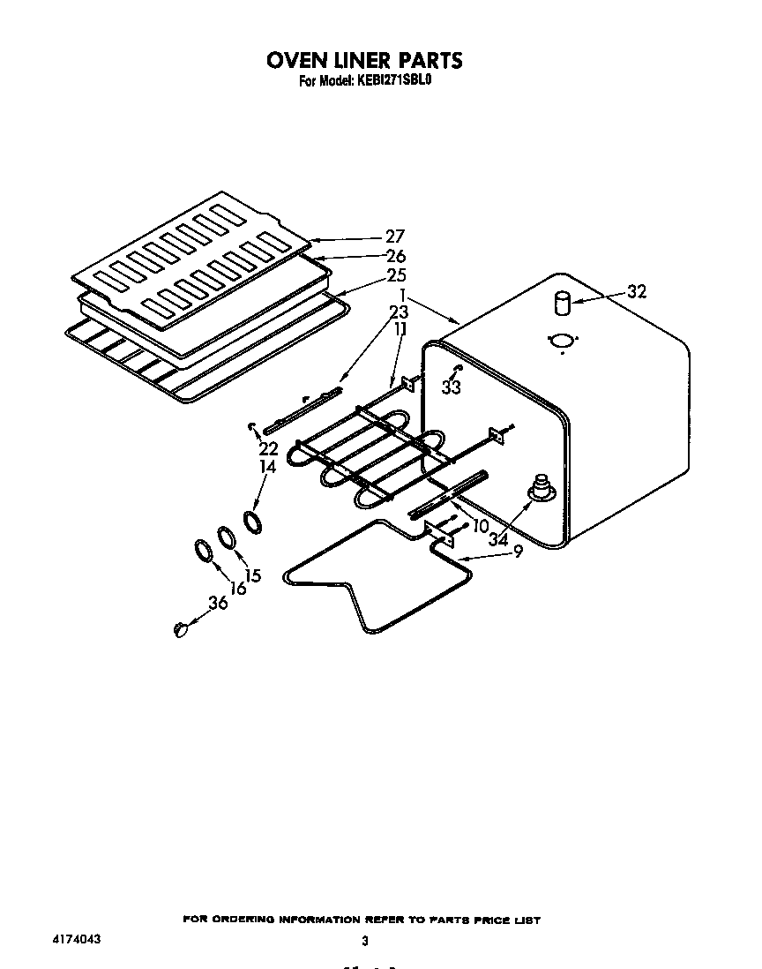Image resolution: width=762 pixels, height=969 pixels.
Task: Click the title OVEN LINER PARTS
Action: coord(363,60)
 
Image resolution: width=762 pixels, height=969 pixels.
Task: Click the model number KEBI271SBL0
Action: coord(392,82)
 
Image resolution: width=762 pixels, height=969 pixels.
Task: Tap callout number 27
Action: coord(393,237)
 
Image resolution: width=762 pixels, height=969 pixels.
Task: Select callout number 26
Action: coord(393,257)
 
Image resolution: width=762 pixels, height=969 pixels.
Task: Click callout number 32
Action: coord(636,292)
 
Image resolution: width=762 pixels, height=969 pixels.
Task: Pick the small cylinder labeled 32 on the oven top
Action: coord(560,304)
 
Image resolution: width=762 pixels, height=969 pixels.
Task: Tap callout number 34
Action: coord(499,539)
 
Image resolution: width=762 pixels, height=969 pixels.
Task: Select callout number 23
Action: coord(399,312)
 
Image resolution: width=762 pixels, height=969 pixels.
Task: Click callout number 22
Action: coord(267,448)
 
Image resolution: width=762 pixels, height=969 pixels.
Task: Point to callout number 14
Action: coord(267,467)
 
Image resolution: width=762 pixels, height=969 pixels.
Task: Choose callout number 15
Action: coord(253,575)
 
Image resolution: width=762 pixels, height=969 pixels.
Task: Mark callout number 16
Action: coord(238,588)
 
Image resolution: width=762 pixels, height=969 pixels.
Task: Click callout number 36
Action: coord(217,603)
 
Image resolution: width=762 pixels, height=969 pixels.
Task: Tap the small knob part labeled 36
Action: coord(181,628)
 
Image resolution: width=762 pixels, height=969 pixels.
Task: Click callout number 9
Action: coord(518,552)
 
